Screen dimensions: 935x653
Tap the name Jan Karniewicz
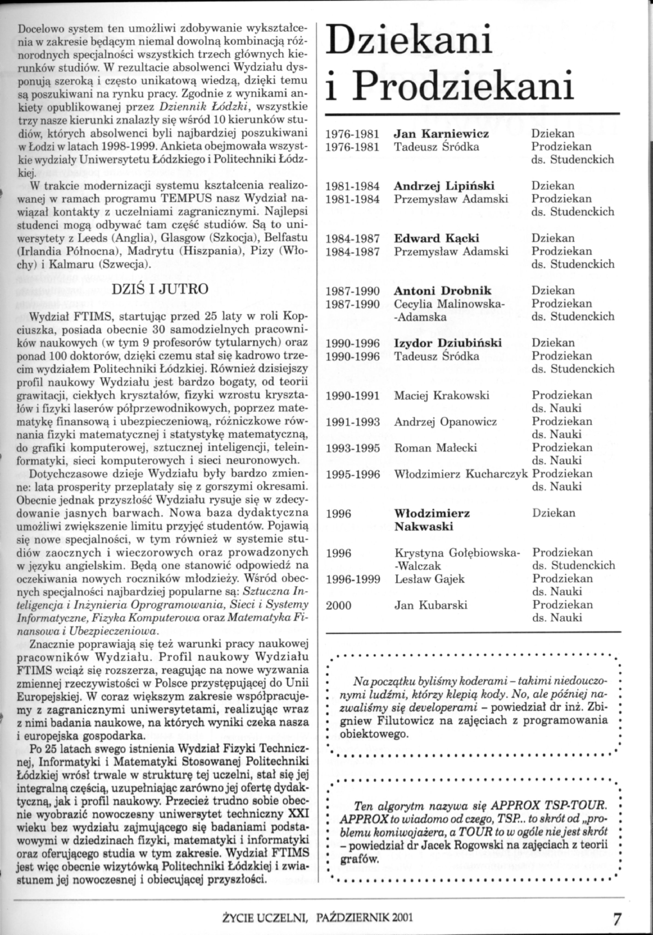coord(441,134)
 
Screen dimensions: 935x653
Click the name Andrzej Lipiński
coord(444,186)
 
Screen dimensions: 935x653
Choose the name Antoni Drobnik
coord(442,291)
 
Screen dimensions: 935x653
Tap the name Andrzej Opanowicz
coord(445,422)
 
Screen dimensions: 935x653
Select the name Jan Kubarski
coord(431,605)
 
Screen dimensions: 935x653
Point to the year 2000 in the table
coord(338,606)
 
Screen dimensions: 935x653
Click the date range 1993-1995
coord(353,448)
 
